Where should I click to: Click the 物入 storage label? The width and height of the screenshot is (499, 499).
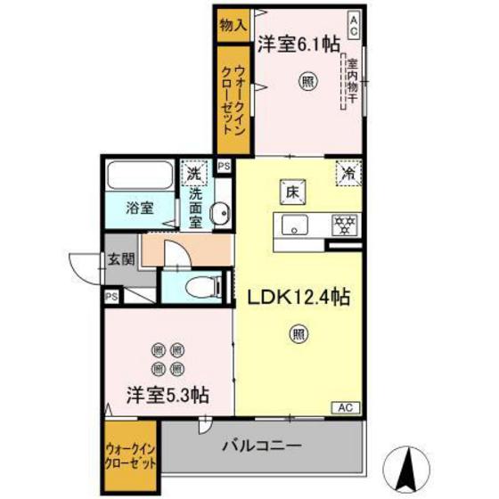coord(233,25)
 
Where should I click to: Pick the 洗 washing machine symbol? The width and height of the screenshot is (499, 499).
coord(193,170)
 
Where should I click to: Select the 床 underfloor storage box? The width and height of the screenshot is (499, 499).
coord(292,190)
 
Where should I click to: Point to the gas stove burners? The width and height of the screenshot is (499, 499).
coord(343,225)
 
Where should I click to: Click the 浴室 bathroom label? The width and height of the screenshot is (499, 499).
coord(138,207)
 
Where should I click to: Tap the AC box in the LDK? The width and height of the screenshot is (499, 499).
coord(346,406)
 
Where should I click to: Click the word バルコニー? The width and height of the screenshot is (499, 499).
coord(261,445)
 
